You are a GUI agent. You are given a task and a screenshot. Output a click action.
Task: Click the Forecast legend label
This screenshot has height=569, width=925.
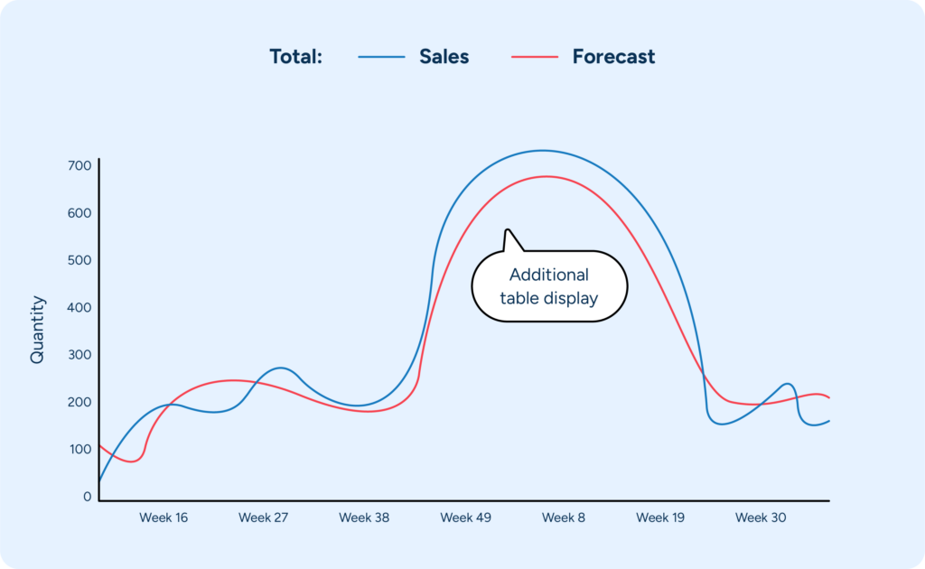[x=613, y=57]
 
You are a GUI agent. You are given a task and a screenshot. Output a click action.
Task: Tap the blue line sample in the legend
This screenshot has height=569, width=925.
[x=381, y=57]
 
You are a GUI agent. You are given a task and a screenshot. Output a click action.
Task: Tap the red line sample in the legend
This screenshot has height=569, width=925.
[x=535, y=57]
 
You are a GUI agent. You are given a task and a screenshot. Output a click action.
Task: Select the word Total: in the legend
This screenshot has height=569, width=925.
[x=295, y=57]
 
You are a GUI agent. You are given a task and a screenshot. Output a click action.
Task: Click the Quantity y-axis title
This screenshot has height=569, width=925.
[x=37, y=330]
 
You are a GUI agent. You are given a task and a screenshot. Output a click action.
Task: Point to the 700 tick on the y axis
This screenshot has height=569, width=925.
[x=79, y=166]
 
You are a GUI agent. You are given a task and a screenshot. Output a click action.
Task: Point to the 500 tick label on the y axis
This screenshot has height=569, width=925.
[x=79, y=261]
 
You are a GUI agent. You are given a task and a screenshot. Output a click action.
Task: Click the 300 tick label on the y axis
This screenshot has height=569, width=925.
[x=79, y=355]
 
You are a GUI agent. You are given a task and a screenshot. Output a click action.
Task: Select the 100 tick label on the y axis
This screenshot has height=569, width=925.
[x=79, y=450]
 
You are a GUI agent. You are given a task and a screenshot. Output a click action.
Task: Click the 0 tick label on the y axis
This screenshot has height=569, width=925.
[x=88, y=497]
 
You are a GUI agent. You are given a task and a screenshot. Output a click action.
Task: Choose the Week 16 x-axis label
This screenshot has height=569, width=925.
[x=164, y=518]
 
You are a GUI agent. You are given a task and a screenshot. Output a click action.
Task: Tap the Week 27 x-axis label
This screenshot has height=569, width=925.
[x=263, y=518]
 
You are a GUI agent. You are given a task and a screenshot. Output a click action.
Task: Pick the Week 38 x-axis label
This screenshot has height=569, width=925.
[x=364, y=518]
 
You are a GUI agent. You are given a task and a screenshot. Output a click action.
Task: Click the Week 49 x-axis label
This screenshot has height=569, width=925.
[x=465, y=518]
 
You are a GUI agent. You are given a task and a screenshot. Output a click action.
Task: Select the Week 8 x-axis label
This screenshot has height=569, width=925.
[x=564, y=518]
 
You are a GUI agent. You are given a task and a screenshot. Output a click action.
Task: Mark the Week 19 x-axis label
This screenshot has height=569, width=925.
[x=660, y=518]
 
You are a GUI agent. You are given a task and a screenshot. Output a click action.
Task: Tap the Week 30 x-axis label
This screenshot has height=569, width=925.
[x=760, y=518]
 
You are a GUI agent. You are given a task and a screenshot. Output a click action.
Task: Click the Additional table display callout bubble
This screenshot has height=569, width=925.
[x=548, y=286]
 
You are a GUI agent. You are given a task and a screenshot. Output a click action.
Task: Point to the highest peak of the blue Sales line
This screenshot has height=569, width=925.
[x=542, y=150]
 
